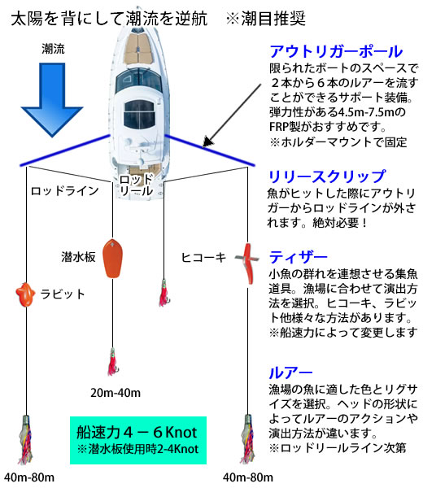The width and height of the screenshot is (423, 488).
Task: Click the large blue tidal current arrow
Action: pyautogui.click(x=52, y=99)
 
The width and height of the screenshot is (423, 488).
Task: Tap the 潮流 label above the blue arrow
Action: pyautogui.click(x=53, y=49)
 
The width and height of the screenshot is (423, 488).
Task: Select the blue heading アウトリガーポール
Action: pyautogui.click(x=336, y=51)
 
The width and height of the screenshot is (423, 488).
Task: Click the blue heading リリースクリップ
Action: pyautogui.click(x=327, y=176)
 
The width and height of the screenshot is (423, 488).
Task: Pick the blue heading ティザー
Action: pyautogui.click(x=299, y=257)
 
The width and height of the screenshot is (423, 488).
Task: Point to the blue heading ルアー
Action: pyautogui.click(x=290, y=373)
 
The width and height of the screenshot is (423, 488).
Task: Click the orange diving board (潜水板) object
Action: pyautogui.click(x=113, y=258)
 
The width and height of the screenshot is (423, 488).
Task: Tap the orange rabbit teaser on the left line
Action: pyautogui.click(x=25, y=294)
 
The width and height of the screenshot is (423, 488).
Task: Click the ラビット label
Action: pyautogui.click(x=63, y=294)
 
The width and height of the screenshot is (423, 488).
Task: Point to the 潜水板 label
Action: pyautogui.click(x=78, y=257)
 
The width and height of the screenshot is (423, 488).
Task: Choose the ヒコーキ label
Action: pyautogui.click(x=203, y=257)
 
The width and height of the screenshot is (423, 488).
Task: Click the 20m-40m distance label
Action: pyautogui.click(x=116, y=393)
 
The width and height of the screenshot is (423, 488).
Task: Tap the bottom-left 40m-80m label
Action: pyautogui.click(x=29, y=477)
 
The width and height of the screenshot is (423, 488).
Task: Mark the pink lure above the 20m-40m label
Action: pyautogui.click(x=112, y=362)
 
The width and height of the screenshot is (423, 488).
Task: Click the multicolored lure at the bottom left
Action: pyautogui.click(x=25, y=439)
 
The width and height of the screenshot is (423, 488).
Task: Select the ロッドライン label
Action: pyautogui.click(x=65, y=191)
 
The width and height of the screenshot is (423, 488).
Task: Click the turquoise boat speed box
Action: pyautogui.click(x=138, y=440)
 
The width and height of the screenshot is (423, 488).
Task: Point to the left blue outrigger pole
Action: pyautogui.click(x=65, y=150)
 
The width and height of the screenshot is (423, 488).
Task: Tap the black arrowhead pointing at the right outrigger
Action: pyautogui.click(x=208, y=142)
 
